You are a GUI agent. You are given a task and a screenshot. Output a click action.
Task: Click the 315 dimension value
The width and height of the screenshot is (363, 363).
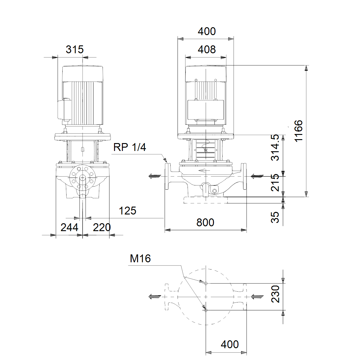[x=75, y=50]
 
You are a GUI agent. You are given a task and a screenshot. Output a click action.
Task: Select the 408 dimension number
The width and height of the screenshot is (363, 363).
[x=207, y=50]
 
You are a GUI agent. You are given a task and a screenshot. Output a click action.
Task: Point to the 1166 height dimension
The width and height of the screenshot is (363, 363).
[x=299, y=131]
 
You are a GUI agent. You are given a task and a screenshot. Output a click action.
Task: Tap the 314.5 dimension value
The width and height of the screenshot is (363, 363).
[x=275, y=148]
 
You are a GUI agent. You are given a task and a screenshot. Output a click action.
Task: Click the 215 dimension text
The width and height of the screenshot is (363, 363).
[x=275, y=183]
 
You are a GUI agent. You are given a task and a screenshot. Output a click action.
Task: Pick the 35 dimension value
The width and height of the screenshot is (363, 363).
[x=275, y=217]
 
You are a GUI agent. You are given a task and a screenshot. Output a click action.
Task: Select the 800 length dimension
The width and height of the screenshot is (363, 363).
[x=205, y=222]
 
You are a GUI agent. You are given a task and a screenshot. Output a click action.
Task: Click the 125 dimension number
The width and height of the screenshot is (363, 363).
[x=128, y=211]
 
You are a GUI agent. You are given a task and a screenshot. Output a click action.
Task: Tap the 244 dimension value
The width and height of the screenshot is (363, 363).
[x=69, y=227]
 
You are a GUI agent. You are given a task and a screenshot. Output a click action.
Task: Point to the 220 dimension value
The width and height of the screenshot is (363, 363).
[x=102, y=227]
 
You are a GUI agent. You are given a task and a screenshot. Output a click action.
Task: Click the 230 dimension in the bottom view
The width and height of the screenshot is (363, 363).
[x=275, y=294]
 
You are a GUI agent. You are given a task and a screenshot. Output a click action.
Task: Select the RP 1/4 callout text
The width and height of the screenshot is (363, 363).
[x=129, y=147]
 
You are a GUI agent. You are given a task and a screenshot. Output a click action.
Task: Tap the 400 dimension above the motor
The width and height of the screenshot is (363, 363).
[x=207, y=31]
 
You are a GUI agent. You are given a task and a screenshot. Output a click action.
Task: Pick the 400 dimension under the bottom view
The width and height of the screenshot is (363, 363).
[x=230, y=344]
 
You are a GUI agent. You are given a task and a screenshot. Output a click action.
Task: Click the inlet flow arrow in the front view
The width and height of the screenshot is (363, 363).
[x=257, y=176]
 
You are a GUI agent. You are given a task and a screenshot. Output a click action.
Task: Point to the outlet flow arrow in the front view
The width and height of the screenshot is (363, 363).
[x=155, y=176]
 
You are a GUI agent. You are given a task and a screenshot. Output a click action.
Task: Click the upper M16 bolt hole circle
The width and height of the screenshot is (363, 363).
[x=206, y=283]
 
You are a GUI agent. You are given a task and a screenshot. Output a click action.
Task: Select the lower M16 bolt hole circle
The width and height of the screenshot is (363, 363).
[x=206, y=310]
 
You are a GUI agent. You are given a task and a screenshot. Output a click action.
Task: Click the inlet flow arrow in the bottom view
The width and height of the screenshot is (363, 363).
[x=257, y=297]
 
